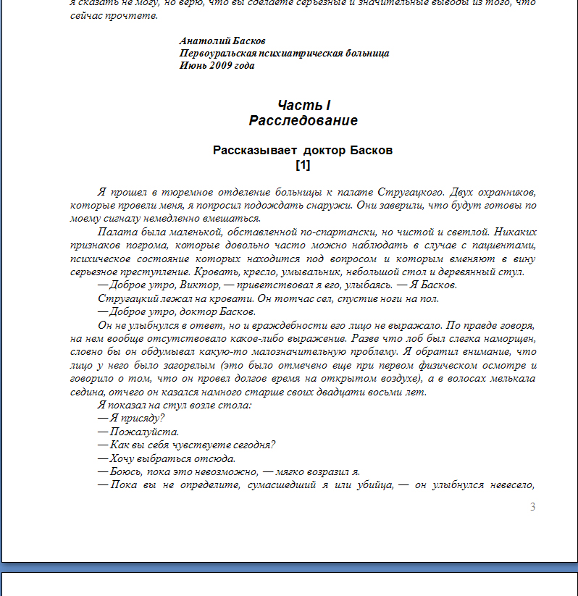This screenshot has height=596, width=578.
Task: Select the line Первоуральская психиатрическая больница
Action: [x=284, y=53]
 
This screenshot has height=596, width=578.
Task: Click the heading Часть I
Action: [x=303, y=106]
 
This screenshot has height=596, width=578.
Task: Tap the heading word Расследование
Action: [x=303, y=120]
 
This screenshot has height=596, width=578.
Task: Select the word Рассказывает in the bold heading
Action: [x=255, y=151]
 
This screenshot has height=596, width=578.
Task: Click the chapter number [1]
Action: [x=303, y=164]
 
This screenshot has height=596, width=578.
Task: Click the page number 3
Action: [x=532, y=506]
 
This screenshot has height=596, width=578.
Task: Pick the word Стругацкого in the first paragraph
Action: [x=410, y=192]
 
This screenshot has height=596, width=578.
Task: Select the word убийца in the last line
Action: [x=374, y=484]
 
